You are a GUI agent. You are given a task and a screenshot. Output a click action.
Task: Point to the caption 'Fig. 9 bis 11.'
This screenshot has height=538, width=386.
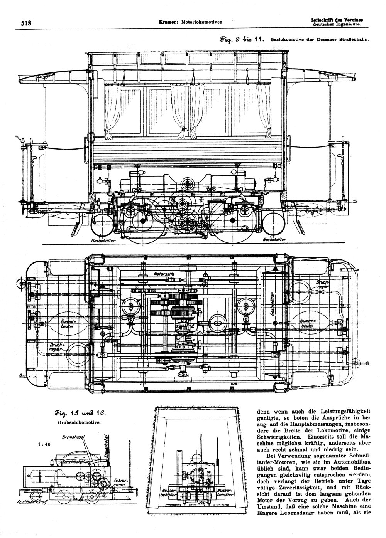click(242, 39)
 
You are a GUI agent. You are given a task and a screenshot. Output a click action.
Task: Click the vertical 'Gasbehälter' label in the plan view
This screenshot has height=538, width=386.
click(273, 304)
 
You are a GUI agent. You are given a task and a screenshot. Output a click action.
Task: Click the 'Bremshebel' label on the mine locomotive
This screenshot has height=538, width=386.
click(75, 437)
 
